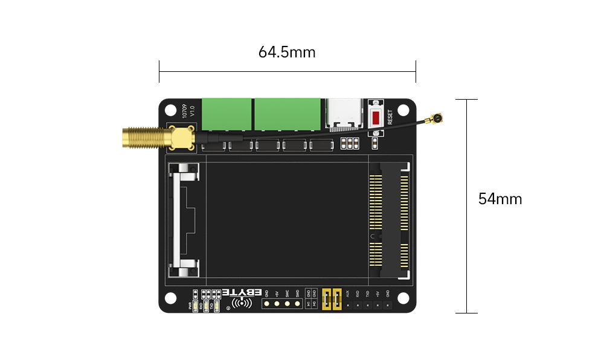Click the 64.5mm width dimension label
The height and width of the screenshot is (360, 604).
pos(287,53)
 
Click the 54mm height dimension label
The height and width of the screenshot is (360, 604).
pos(500,199)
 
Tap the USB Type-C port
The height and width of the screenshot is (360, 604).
pos(345,115)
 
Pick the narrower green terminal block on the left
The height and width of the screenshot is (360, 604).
pos(226,114)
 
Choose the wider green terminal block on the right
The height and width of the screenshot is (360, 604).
pos(287,114)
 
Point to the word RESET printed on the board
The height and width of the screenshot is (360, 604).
pos(390,117)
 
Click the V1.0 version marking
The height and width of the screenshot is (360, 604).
pos(192,111)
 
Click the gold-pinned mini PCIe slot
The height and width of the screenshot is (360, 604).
pos(389,220)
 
